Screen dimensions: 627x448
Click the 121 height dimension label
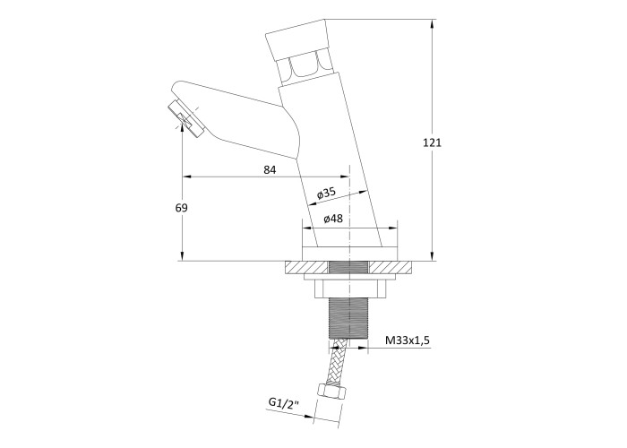(x=433, y=142)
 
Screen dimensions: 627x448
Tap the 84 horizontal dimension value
(x=270, y=169)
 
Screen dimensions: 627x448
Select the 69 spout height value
(x=181, y=208)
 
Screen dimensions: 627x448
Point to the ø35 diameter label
(x=326, y=194)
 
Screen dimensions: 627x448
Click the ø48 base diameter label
(x=333, y=219)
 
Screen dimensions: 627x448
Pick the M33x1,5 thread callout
(x=408, y=340)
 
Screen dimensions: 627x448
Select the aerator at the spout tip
(x=186, y=119)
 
